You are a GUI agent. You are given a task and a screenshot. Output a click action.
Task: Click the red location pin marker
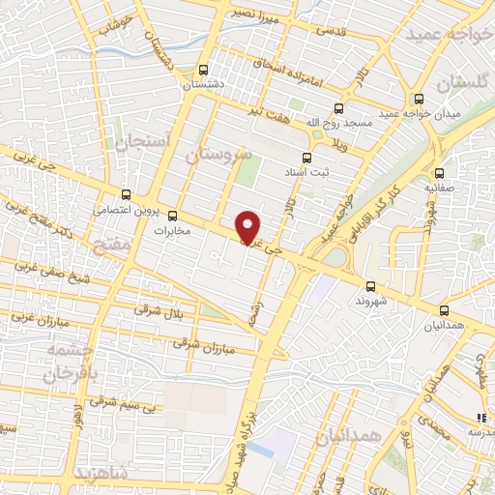click(249, 226)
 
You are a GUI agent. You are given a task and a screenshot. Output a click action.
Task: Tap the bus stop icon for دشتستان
click(202, 70)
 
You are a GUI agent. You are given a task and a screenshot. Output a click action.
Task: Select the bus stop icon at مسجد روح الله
click(337, 108)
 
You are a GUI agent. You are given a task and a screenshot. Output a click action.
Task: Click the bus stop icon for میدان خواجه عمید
click(419, 99)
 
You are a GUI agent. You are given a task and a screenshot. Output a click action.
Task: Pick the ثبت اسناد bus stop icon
click(307, 158)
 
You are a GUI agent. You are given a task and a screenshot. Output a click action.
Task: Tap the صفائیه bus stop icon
click(440, 172)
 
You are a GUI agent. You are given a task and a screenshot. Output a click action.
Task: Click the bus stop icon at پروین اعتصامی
click(126, 194)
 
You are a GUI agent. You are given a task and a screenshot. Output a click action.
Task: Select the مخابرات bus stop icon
click(173, 217)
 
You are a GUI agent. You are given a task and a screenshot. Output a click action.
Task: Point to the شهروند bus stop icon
click(370, 286)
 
